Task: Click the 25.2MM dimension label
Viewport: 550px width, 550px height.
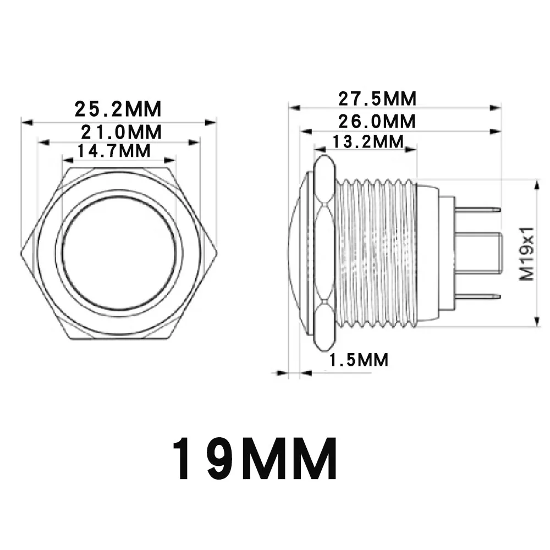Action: (x=118, y=109)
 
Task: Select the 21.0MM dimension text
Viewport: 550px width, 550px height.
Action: (x=122, y=132)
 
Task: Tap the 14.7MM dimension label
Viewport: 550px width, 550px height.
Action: (x=114, y=151)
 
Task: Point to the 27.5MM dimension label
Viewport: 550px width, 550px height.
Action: (x=377, y=98)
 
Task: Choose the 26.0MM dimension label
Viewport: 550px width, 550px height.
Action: (x=377, y=122)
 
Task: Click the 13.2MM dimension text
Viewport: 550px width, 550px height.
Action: (x=367, y=142)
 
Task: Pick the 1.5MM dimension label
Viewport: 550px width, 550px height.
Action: (x=359, y=360)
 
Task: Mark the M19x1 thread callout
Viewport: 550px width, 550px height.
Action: (x=526, y=253)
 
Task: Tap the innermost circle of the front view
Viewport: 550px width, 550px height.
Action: (x=119, y=252)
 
